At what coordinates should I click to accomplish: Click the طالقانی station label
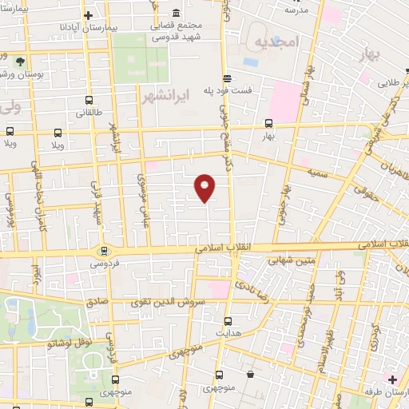click(x=89, y=113)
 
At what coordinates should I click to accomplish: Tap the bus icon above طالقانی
click(x=89, y=101)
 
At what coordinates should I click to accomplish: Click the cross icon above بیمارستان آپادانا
click(x=88, y=15)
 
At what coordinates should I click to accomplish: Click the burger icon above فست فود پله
click(x=228, y=78)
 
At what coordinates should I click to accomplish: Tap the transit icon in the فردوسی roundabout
click(x=104, y=250)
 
